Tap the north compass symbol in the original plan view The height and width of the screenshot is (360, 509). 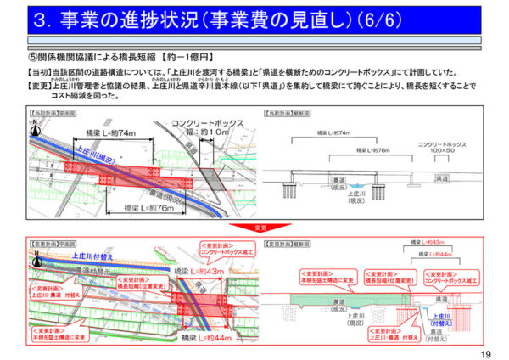tap(36, 124)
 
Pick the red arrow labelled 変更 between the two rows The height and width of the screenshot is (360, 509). tap(256, 228)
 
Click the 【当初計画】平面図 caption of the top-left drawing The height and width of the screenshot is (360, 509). tap(53, 112)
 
